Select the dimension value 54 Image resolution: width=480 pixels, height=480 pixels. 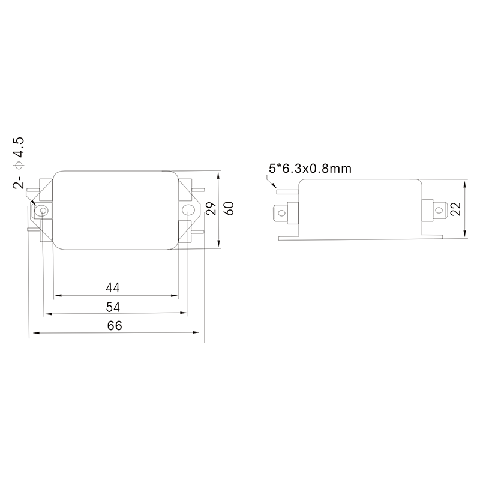pyautogui.click(x=113, y=307)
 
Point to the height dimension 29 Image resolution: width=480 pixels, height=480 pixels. pyautogui.click(x=211, y=209)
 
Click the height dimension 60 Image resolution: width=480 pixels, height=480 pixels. pyautogui.click(x=228, y=209)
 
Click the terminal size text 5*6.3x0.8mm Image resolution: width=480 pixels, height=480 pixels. pyautogui.click(x=310, y=169)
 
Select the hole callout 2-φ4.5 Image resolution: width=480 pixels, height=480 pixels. pyautogui.click(x=18, y=163)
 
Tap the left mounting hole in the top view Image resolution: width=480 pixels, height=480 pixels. pyautogui.click(x=43, y=210)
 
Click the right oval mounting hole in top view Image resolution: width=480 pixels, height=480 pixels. pyautogui.click(x=188, y=210)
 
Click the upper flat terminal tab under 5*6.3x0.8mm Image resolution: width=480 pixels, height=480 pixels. pyautogui.click(x=286, y=190)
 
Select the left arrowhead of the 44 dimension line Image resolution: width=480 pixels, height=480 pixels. pyautogui.click(x=57, y=296)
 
